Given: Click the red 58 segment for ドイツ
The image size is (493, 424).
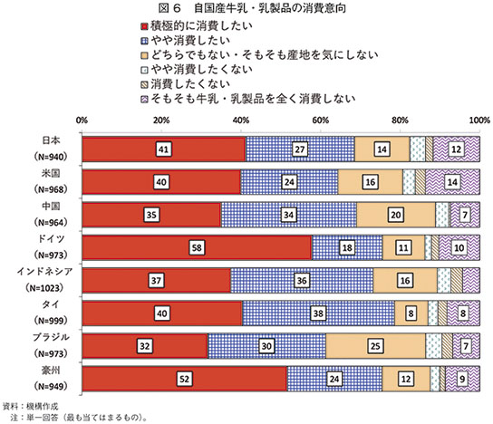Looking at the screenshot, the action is (x=197, y=247).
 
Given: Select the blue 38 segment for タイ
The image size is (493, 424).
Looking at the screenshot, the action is (x=318, y=313).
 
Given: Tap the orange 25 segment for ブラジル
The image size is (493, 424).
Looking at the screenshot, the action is (x=375, y=346).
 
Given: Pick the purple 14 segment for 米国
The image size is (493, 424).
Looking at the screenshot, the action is (x=452, y=182).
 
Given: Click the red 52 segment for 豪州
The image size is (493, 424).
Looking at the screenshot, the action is (x=185, y=379).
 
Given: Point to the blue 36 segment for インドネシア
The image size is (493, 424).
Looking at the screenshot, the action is (x=302, y=280).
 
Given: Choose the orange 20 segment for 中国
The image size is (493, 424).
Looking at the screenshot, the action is (x=396, y=215).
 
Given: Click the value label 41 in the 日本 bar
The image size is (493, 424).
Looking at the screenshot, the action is (x=163, y=149).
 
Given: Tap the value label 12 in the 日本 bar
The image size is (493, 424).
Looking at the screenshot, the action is (x=456, y=149).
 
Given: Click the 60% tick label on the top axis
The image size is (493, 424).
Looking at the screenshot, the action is (x=321, y=120).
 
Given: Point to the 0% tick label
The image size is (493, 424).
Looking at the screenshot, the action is (x=82, y=120).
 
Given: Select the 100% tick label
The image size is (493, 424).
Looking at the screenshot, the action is (x=480, y=120).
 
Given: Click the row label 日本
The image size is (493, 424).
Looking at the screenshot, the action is (x=51, y=140).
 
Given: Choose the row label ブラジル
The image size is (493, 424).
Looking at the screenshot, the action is (x=51, y=337).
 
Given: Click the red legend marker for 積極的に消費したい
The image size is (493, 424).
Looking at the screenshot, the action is (x=144, y=26).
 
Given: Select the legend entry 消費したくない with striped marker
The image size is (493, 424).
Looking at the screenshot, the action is (x=186, y=84).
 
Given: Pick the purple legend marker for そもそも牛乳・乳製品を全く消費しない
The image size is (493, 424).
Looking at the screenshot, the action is (x=144, y=100).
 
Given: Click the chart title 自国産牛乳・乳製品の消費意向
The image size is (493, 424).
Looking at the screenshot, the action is (x=270, y=8).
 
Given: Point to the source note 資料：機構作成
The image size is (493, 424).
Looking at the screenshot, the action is (x=31, y=407).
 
